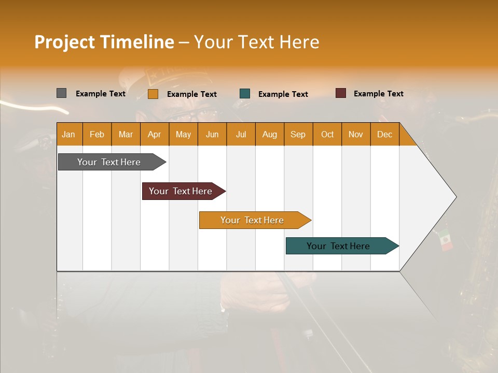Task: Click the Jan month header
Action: point(68,134)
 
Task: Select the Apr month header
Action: point(155,134)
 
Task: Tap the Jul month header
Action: point(241,134)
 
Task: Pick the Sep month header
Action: point(298,134)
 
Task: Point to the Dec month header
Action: point(384,134)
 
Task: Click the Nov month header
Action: point(355,134)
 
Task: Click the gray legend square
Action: point(61,93)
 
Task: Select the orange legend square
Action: point(153,94)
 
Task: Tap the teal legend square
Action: point(245,94)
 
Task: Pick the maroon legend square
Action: point(340,93)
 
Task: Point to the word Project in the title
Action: point(64,42)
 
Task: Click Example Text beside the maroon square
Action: point(378,93)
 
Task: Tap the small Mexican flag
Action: point(445,240)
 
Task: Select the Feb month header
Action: point(97,134)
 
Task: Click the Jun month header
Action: point(212,134)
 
